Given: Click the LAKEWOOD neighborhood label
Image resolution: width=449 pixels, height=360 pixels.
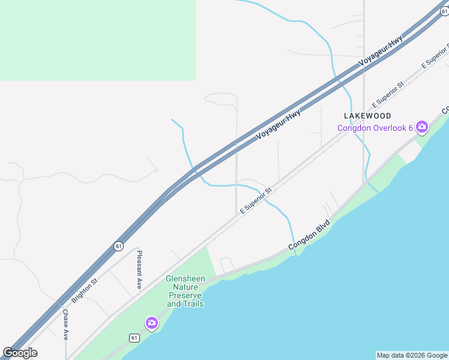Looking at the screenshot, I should pyautogui.click(x=367, y=115).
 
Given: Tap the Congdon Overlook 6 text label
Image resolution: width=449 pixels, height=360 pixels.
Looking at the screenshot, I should pyautogui.click(x=375, y=127).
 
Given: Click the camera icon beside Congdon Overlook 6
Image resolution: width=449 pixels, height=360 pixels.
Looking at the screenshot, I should pyautogui.click(x=422, y=126).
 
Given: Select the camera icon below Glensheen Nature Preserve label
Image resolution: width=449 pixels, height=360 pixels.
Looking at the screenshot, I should pyautogui.click(x=152, y=323).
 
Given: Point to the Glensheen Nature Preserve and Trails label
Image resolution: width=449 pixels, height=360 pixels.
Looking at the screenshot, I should pyautogui.click(x=185, y=291).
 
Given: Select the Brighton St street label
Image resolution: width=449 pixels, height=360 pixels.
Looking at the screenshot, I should pyautogui.click(x=85, y=290).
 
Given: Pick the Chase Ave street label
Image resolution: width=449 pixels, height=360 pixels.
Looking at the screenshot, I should pyautogui.click(x=65, y=325).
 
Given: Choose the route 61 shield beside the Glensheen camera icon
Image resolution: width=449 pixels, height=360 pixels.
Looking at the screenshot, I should pyautogui.click(x=134, y=338).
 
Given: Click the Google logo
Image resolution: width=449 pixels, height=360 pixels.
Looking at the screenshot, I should pyautogui.click(x=20, y=353).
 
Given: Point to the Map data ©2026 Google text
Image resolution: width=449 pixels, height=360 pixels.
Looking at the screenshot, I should pyautogui.click(x=412, y=355).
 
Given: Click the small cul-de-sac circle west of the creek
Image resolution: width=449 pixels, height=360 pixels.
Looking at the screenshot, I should pyautogui.click(x=156, y=170).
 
